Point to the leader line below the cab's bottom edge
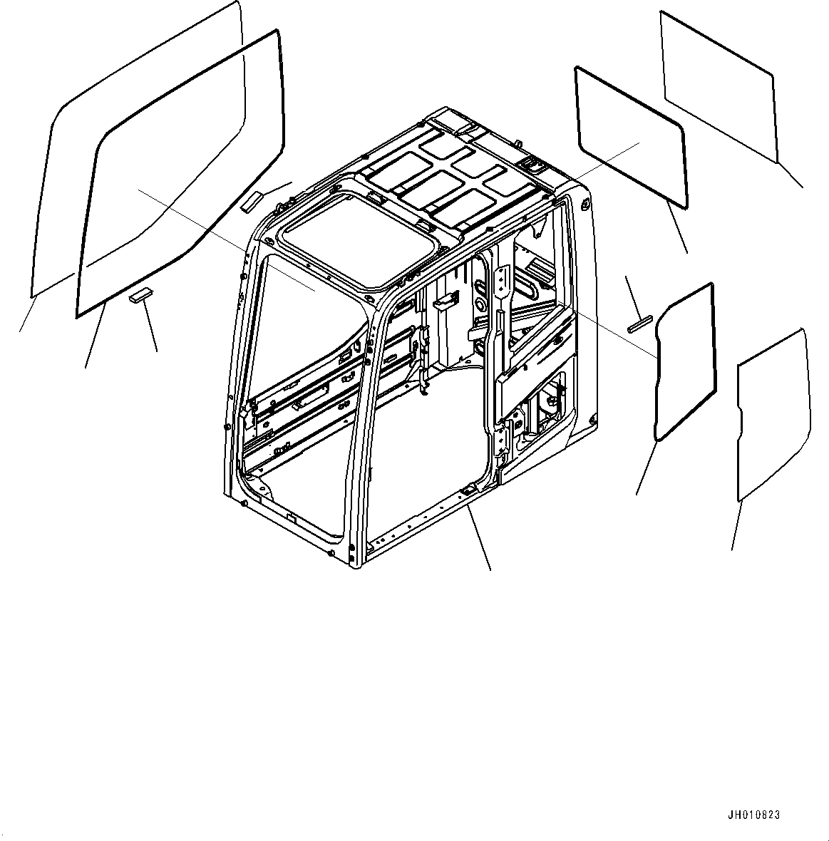(x=479, y=538)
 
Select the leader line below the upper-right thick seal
(x=677, y=227)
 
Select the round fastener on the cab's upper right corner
(x=585, y=204)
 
